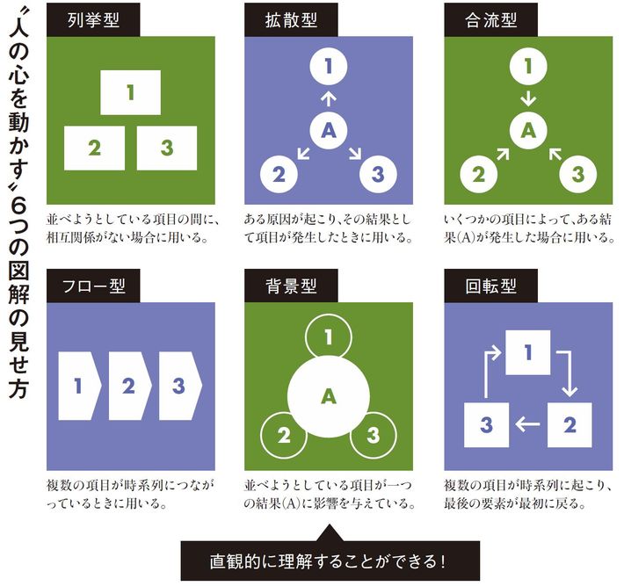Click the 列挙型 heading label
click(93, 20)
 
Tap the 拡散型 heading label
click(291, 20)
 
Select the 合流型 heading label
click(490, 20)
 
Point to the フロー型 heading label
click(93, 286)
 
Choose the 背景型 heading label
click(291, 286)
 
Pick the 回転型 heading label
click(490, 286)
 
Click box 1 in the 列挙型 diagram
click(131, 93)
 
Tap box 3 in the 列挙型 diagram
click(167, 148)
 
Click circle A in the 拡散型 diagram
click(329, 131)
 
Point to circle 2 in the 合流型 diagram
click(478, 174)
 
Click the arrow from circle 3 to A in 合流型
click(555, 154)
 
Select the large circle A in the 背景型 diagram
click(329, 396)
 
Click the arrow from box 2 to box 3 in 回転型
click(527, 424)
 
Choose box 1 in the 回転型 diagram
click(527, 352)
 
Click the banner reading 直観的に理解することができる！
click(330, 561)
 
